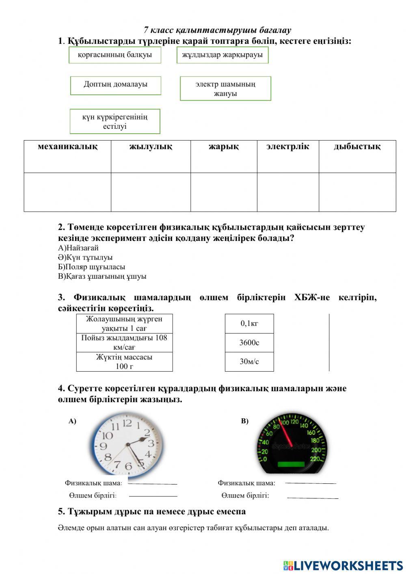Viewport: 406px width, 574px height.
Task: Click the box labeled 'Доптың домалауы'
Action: [116, 85]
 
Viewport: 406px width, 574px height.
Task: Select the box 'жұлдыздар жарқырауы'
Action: [222, 55]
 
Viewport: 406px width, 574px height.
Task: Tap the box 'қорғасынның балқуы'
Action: [115, 55]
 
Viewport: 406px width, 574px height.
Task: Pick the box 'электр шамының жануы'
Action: [225, 89]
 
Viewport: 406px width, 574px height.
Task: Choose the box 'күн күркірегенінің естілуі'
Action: [115, 121]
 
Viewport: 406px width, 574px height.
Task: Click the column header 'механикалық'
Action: [67, 147]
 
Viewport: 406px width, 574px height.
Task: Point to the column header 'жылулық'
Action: [151, 147]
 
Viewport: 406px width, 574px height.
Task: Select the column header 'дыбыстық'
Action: [357, 147]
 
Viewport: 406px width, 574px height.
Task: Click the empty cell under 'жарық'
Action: [224, 192]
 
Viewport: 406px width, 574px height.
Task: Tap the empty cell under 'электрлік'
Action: [288, 192]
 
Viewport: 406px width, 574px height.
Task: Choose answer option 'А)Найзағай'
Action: [78, 248]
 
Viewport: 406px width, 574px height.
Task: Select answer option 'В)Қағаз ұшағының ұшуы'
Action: [102, 276]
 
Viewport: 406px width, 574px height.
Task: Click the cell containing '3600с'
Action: [249, 342]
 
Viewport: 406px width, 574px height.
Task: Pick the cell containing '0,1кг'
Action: [249, 323]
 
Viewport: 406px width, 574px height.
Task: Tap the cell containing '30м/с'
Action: [249, 362]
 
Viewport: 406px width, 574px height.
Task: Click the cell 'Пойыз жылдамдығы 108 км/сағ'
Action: [124, 342]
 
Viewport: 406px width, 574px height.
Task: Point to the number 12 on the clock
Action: [127, 423]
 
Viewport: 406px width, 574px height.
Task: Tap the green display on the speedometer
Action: [291, 464]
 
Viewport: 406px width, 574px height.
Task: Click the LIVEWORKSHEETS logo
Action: [343, 565]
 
